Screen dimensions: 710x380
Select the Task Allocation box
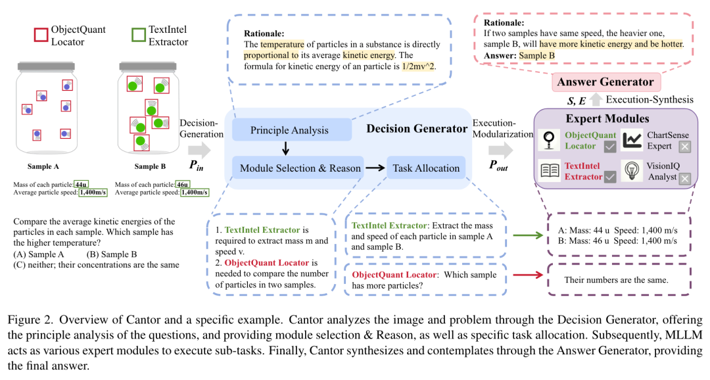click(425, 168)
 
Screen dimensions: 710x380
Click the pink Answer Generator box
click(605, 82)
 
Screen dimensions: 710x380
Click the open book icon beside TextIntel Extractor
click(550, 171)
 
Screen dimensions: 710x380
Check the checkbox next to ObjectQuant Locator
click(610, 147)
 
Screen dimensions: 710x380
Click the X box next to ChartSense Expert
click(684, 147)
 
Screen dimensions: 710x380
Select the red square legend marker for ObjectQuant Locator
click(41, 36)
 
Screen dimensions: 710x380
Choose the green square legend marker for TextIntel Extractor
click(139, 35)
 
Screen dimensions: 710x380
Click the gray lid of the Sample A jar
click(46, 66)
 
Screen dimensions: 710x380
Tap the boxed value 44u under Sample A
click(81, 184)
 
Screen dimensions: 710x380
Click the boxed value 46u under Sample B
click(183, 184)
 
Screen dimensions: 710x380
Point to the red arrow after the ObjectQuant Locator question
click(527, 275)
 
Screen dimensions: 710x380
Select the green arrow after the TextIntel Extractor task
click(527, 235)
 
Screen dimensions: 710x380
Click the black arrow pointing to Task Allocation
click(375, 168)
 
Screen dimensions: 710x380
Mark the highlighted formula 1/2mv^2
click(418, 66)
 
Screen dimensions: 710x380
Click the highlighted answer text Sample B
click(536, 55)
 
